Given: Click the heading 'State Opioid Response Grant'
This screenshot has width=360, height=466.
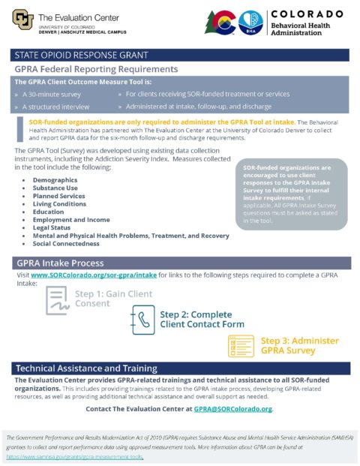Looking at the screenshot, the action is click(81, 55).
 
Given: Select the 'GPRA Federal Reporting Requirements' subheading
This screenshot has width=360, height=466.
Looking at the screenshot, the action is click(95, 69).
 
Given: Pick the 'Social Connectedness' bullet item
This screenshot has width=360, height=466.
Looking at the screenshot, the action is click(65, 244).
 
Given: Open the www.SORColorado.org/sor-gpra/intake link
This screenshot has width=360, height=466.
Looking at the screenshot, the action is click(94, 276).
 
